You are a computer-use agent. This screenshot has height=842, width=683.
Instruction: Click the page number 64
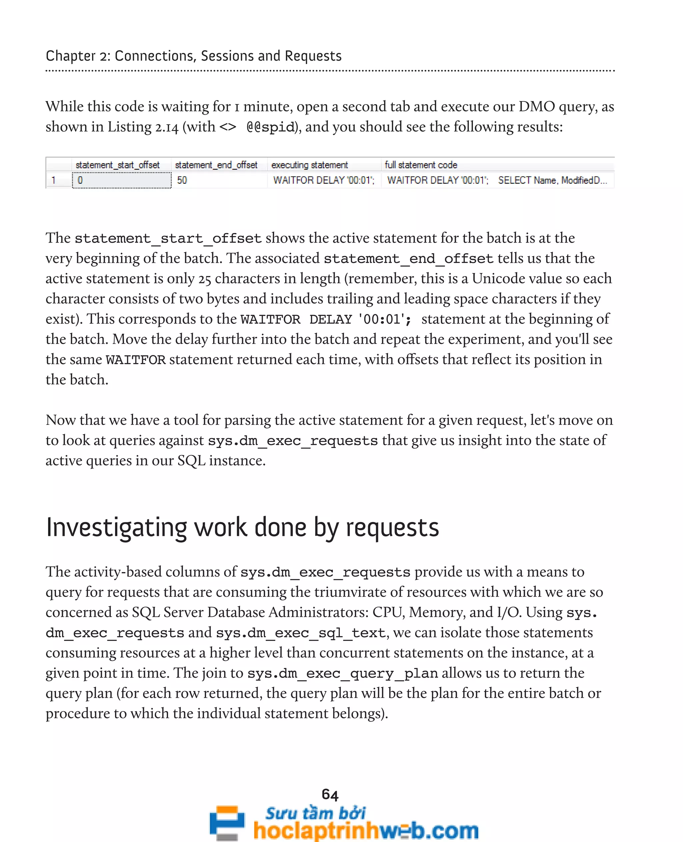pos(330,795)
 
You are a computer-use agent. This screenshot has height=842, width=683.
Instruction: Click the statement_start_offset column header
pos(117,165)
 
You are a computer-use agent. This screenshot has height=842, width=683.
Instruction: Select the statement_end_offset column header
pos(216,165)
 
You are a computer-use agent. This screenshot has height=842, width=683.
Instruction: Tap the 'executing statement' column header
pos(309,165)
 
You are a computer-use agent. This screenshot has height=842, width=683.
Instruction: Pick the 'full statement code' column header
pos(421,165)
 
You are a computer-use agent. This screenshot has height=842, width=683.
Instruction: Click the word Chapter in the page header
pos(70,56)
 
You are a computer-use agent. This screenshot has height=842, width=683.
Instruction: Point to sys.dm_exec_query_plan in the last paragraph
pos(342,673)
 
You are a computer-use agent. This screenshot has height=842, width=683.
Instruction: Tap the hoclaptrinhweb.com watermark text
pos(366,830)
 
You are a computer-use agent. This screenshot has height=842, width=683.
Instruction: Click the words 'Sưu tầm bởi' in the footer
pos(315,813)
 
